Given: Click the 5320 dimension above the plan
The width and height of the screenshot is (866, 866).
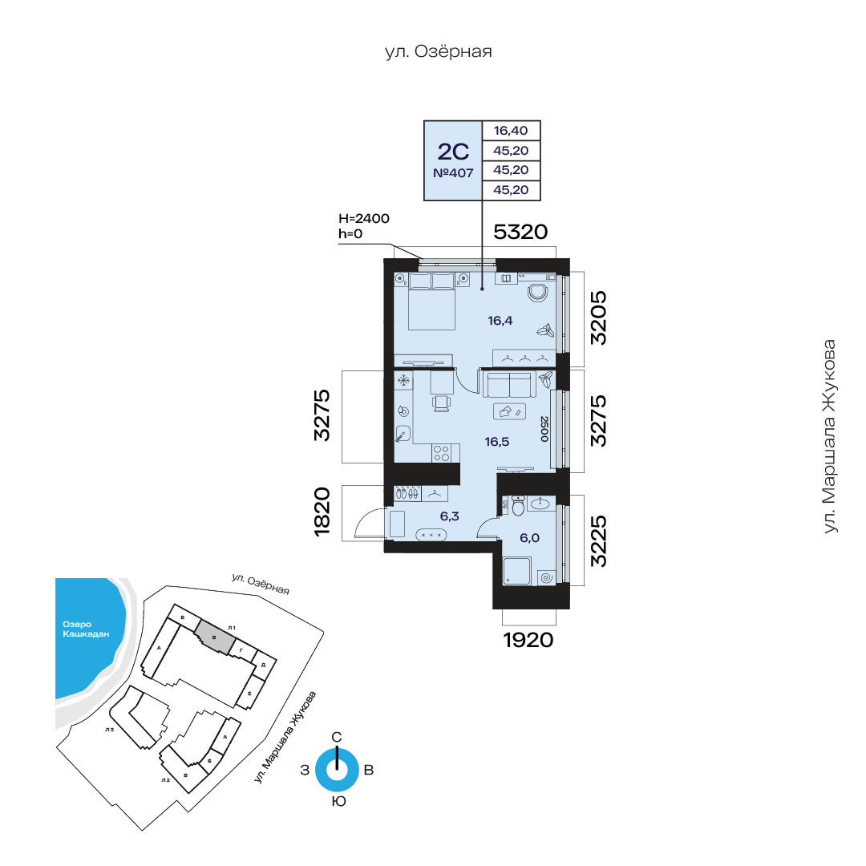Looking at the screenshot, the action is (x=520, y=232).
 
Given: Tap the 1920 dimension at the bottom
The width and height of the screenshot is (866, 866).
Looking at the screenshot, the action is (x=528, y=640).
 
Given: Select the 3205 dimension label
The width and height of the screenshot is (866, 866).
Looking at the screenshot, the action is (x=598, y=318).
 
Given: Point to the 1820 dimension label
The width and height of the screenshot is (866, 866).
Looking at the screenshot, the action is (x=322, y=512).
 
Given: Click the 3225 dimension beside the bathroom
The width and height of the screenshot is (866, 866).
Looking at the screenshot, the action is (x=598, y=541).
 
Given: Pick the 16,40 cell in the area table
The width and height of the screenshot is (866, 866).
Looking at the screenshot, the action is (x=511, y=131).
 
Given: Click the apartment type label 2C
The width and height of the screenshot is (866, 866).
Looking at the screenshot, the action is (x=453, y=152).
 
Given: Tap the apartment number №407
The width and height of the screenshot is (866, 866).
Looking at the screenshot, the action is (x=453, y=173).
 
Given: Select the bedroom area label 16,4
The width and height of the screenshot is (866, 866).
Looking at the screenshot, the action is (x=500, y=320).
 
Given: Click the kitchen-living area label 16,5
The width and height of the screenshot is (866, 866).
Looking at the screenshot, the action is (x=497, y=442).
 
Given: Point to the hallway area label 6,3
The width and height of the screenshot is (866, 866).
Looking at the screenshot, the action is (x=450, y=516).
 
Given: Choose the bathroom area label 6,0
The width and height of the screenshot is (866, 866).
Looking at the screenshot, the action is (x=530, y=538).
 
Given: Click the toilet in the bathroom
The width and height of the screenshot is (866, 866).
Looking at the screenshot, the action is (x=518, y=505).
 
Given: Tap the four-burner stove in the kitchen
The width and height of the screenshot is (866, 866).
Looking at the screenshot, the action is (x=441, y=453).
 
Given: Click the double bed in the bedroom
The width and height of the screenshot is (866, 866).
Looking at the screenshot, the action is (x=431, y=301).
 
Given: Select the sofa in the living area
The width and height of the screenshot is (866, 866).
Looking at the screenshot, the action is (x=509, y=384).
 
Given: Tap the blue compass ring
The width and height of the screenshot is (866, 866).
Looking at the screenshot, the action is (x=337, y=770).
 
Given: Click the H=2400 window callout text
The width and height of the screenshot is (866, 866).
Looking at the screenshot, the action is (x=364, y=219).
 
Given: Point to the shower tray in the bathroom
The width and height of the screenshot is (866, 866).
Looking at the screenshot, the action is (x=517, y=571).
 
